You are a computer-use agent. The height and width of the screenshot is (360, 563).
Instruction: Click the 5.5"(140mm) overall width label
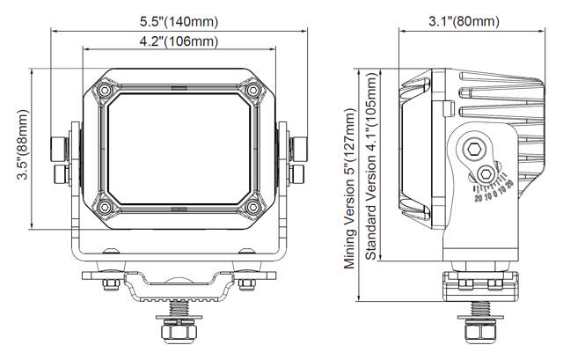179,20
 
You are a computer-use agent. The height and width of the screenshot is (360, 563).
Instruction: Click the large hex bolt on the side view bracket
475,149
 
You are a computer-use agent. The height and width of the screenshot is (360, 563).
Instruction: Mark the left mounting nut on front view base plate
113,282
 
